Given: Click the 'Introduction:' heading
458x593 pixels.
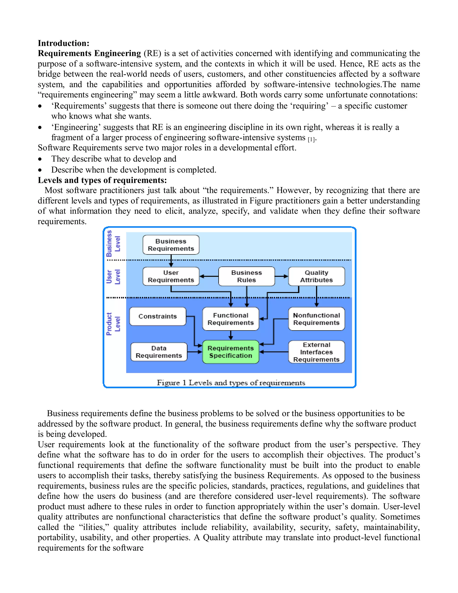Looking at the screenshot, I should click(64, 43).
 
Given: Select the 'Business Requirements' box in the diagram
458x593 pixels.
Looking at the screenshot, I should click(171, 245).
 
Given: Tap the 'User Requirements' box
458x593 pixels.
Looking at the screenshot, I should click(171, 276).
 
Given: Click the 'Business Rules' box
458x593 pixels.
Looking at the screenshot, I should click(246, 276).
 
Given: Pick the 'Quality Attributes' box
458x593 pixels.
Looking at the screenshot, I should click(316, 276).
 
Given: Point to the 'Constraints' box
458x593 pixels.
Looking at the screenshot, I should click(158, 316).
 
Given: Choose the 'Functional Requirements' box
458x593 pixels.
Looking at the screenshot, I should click(231, 319).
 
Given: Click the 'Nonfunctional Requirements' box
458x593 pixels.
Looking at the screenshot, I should click(316, 319).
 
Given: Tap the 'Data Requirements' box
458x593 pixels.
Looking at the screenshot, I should click(159, 352).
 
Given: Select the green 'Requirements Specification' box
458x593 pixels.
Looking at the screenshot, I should click(231, 352).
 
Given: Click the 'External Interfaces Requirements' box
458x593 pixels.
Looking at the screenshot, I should click(316, 352).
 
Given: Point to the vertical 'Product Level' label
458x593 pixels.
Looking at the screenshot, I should click(113, 324).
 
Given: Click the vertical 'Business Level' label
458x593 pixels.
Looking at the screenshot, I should click(113, 243).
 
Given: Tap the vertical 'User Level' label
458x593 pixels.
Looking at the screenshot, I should click(113, 277).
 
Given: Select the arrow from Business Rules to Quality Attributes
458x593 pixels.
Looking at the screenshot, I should click(282, 276).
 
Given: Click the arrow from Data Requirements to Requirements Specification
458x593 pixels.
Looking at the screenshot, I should click(195, 352).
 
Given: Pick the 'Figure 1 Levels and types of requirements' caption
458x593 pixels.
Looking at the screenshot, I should click(231, 383).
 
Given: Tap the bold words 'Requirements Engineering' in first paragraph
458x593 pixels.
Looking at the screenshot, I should click(89, 53).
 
